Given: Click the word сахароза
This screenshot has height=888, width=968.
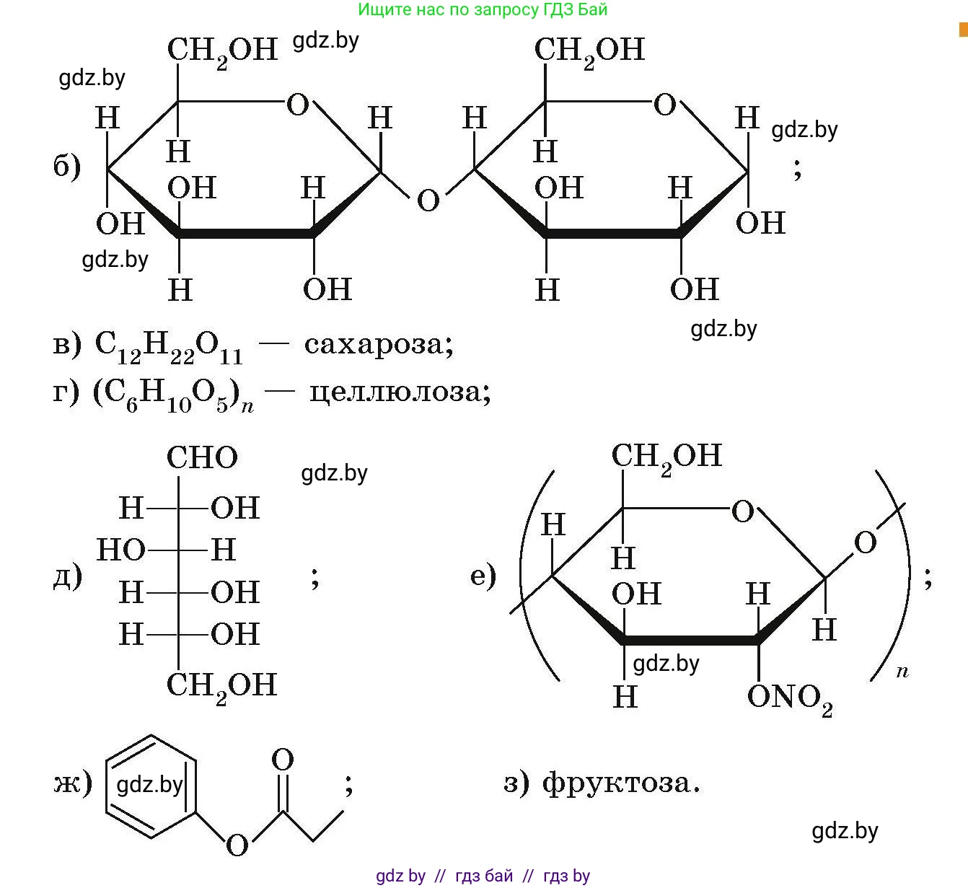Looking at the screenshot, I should click(x=378, y=344).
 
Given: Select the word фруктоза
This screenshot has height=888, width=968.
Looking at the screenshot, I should click(x=621, y=782).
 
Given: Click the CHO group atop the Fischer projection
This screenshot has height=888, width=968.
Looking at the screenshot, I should click(x=202, y=458).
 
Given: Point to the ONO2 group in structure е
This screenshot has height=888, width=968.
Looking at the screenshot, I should click(x=789, y=698).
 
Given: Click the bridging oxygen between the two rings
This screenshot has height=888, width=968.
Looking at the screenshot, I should click(x=428, y=200).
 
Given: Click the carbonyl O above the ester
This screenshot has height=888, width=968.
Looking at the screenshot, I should click(x=283, y=760).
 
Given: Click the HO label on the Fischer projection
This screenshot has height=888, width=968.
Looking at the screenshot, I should click(x=120, y=550).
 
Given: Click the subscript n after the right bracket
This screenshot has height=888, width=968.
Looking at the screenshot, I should click(x=902, y=672).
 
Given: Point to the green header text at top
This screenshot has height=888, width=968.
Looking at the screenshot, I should click(x=483, y=9).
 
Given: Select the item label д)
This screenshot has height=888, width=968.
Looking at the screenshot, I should click(x=67, y=576).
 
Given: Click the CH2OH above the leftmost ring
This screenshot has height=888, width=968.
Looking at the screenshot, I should click(x=222, y=50).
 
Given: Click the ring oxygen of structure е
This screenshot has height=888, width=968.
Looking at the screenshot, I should click(x=742, y=512).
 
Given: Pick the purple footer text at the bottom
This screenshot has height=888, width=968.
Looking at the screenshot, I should click(x=483, y=876).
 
